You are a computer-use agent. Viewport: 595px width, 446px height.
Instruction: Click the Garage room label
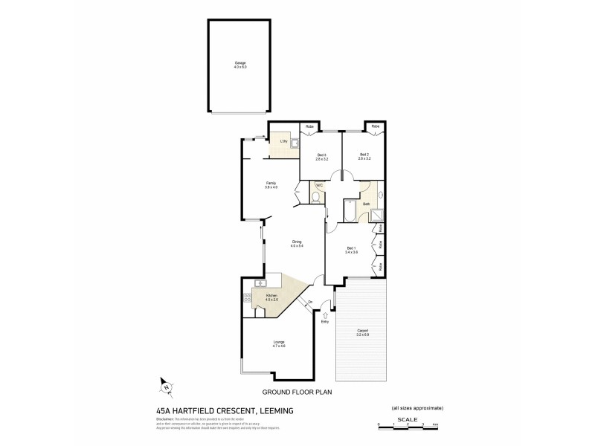239,65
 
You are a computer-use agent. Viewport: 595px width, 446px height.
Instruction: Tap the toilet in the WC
317,197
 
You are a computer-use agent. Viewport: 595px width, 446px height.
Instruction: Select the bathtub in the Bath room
350,211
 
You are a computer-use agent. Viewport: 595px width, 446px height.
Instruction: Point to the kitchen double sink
261,282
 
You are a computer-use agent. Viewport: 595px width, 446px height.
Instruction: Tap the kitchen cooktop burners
248,297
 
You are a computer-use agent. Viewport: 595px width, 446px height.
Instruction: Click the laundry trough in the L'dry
295,143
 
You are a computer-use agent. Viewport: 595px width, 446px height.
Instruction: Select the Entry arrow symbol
325,314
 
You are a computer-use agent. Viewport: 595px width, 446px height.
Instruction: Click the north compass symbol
167,386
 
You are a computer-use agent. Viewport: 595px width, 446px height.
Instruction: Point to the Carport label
363,332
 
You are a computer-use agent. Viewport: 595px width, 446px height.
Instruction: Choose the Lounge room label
279,343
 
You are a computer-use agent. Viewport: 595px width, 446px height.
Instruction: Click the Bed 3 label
321,155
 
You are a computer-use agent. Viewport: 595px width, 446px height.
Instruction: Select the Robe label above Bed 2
376,126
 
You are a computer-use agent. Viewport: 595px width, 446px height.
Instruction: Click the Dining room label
297,242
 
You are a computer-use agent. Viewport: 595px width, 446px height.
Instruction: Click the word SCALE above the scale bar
407,418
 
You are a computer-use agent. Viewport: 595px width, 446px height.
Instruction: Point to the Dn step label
310,301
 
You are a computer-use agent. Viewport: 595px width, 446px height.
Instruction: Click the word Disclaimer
164,419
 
